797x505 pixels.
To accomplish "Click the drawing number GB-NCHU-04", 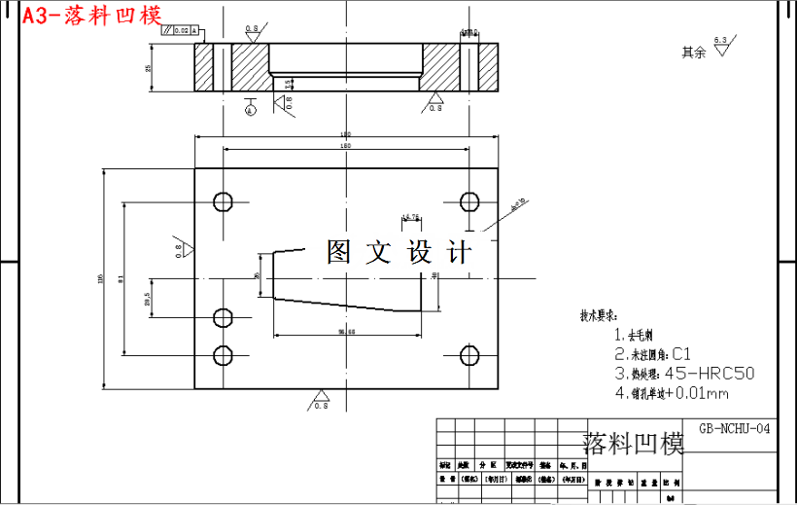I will coord(735,427).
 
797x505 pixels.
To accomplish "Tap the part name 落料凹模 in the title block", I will coord(633,444).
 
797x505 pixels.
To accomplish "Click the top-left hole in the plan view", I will coord(223,202).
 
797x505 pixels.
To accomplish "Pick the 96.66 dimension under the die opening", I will coord(347,332).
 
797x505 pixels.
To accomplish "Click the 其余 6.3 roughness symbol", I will coord(719,48).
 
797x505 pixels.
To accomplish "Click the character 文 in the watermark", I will coord(376,253).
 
